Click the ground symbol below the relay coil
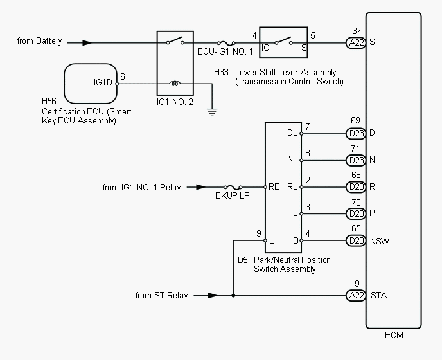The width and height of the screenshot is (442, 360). tap(212, 113)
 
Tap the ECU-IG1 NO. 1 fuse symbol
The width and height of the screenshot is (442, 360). tap(226, 43)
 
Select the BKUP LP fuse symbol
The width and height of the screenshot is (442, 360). tap(233, 187)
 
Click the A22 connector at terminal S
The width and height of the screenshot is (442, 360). tap(356, 43)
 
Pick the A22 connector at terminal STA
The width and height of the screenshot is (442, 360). tap(356, 295)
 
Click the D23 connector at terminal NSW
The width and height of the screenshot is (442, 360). tap(356, 240)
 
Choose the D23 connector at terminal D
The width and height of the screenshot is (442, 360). tap(356, 133)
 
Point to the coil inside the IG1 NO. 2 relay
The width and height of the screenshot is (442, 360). tap(175, 83)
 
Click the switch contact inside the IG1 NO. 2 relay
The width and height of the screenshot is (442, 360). tap(175, 40)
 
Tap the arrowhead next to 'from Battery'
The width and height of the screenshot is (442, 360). tap(87, 43)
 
